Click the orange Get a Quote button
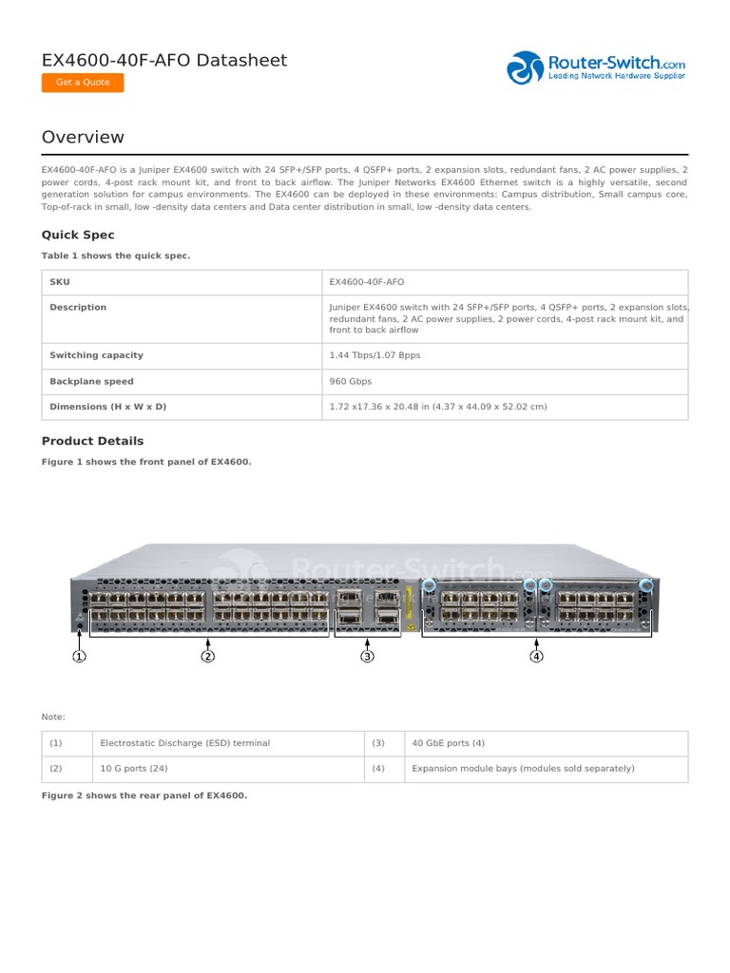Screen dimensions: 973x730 [83, 83]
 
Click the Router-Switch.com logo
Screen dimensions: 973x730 [596, 67]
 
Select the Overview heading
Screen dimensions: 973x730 [83, 137]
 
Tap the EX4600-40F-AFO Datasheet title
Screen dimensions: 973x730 [163, 61]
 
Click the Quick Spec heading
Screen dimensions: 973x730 [78, 235]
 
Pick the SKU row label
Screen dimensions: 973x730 [60, 282]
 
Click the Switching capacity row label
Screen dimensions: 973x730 [96, 355]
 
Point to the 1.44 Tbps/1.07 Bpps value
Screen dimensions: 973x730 [375, 355]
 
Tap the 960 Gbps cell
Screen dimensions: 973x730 [351, 381]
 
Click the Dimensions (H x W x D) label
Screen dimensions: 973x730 [107, 407]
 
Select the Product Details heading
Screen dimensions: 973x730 [92, 441]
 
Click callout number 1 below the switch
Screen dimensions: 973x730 [80, 656]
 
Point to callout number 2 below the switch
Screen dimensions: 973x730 [208, 656]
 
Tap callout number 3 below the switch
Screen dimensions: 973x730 [368, 656]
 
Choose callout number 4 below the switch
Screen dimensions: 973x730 [537, 656]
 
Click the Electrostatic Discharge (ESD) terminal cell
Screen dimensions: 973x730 [185, 743]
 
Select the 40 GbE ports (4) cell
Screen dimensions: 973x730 [448, 743]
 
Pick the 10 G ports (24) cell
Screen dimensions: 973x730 [134, 769]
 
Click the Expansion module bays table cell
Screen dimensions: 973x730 [523, 769]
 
